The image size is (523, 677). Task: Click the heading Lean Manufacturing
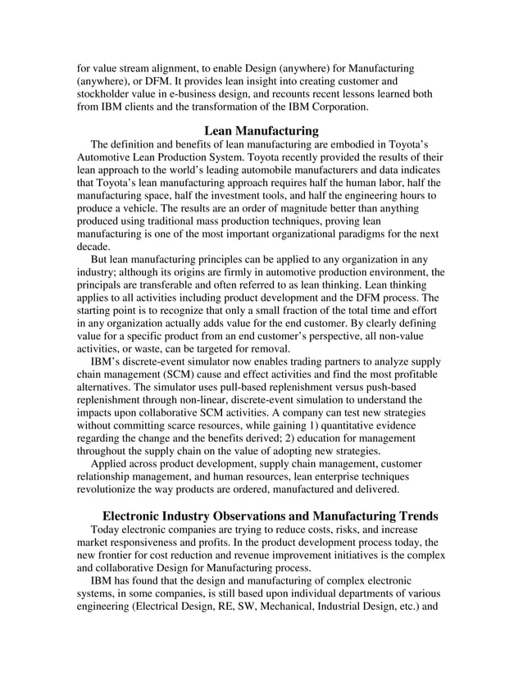coord(261,130)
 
